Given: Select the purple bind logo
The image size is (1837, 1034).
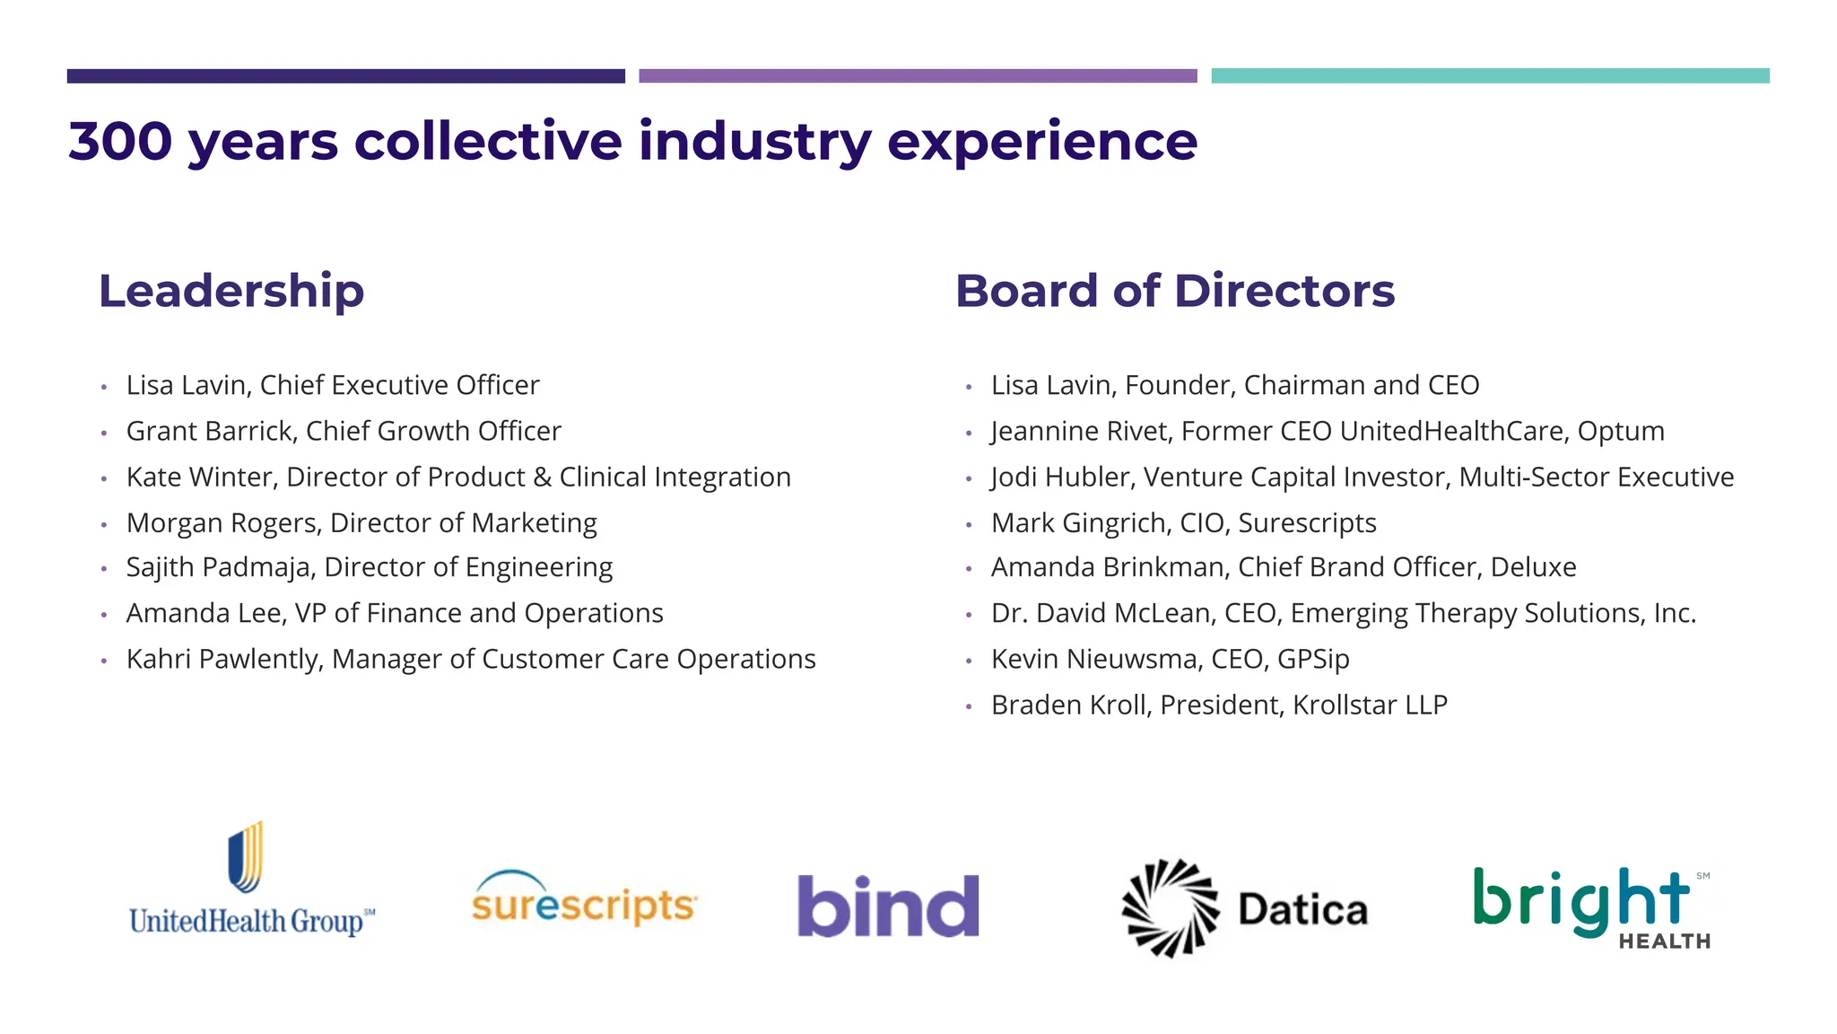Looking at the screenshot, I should point(888,906).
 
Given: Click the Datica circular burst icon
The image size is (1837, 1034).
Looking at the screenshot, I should point(1170,907).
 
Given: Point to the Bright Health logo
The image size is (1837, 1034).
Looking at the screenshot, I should point(1591,907).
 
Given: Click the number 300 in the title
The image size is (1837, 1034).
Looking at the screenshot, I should point(120,141).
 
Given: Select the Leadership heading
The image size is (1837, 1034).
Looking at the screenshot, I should point(231,291).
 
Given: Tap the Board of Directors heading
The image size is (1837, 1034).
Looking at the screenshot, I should point(1175,291).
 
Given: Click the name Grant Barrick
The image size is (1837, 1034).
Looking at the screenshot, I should point(210,431).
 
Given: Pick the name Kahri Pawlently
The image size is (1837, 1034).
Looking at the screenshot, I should point(222,659).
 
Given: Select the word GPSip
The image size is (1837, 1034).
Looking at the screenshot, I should point(1313,659).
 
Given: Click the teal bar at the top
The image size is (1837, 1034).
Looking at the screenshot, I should point(1490,76).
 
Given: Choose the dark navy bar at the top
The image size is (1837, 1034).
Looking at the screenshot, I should point(345,76).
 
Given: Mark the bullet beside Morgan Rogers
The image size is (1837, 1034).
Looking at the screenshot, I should point(104,524).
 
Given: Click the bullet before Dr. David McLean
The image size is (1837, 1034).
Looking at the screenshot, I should point(969,615).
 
